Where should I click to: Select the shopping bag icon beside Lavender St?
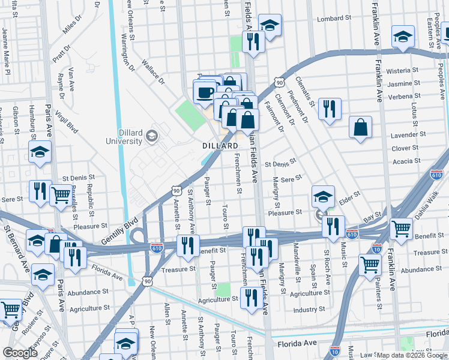point(360,127)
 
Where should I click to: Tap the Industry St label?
point(309,310)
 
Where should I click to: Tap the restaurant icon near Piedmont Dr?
point(330,109)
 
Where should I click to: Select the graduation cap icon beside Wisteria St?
point(402,37)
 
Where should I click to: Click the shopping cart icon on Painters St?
point(370,264)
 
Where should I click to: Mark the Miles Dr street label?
point(71,26)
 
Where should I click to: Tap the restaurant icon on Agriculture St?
point(250,297)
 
